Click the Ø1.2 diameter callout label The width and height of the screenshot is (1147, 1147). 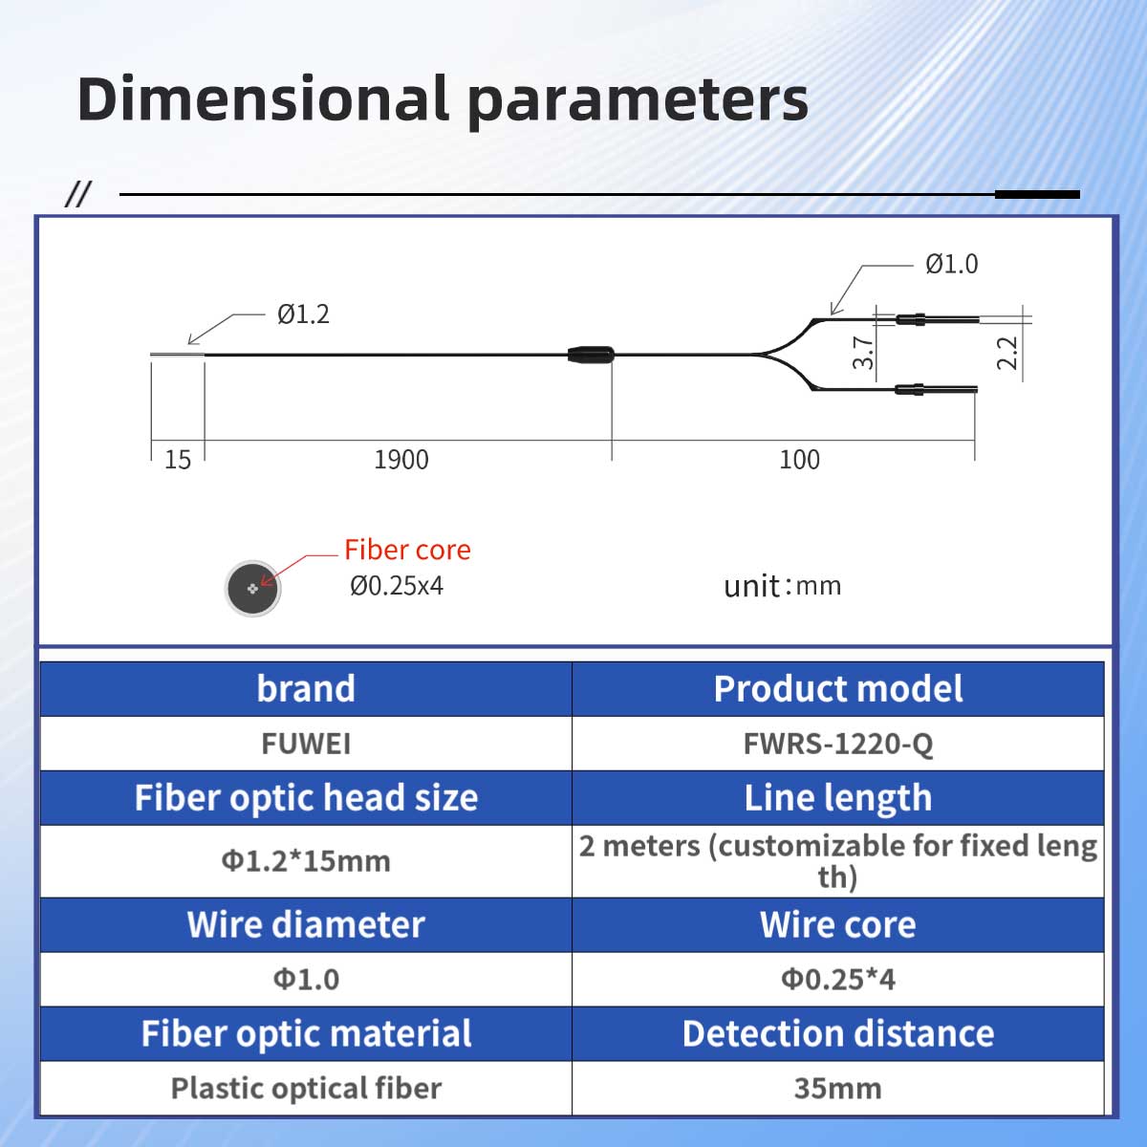pos(303,314)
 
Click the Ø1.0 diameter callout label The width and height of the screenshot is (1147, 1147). pos(951,264)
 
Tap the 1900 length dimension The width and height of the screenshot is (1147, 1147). pos(401,460)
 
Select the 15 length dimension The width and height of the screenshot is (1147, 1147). pos(178,460)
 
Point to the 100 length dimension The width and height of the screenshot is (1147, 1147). pos(799,460)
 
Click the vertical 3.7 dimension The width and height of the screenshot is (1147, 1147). pos(863,353)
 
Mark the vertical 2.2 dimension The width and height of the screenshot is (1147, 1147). pos(1007,353)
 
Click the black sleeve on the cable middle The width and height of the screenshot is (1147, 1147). pos(591,355)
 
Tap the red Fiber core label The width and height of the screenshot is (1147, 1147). pos(408,550)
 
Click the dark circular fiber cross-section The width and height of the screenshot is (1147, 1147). pos(253,589)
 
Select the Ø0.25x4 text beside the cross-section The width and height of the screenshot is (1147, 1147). pos(397,586)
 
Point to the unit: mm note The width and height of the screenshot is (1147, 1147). pos(782,586)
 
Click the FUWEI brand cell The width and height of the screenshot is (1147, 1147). pos(306,744)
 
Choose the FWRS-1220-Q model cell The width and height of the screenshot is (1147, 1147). pos(838,744)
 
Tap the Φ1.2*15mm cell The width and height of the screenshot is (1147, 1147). pos(306,860)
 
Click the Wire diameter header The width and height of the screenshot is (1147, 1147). pos(306,924)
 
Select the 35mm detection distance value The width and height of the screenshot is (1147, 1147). pos(838,1089)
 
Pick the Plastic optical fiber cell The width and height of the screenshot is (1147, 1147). pos(306,1089)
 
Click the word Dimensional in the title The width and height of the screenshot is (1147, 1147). pos(263,98)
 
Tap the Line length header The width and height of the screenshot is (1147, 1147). pos(838,798)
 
